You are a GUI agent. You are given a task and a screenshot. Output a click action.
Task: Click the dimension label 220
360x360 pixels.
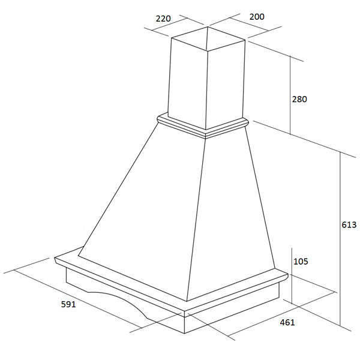tap(163, 19)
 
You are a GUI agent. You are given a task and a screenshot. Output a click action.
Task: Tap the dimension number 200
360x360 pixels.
tap(257, 17)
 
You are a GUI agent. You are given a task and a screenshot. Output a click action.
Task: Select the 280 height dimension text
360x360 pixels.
tap(299, 99)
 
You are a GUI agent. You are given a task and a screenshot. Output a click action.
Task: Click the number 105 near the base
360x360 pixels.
tap(301, 261)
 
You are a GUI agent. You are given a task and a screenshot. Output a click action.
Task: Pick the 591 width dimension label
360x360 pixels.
tap(68, 304)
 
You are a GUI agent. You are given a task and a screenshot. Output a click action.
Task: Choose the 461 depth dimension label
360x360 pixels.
tap(287, 322)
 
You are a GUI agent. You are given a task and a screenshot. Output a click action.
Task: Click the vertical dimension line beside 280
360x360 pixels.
tap(290, 95)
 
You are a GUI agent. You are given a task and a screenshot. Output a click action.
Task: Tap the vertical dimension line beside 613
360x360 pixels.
tap(340, 239)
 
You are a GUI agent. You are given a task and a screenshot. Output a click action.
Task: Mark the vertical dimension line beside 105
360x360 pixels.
tap(292, 275)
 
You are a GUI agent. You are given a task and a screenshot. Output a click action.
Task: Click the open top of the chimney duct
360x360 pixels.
tap(208, 38)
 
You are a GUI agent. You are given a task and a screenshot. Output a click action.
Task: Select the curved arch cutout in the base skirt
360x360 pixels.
tap(119, 301)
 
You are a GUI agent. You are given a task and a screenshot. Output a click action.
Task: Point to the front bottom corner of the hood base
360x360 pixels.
tap(185, 334)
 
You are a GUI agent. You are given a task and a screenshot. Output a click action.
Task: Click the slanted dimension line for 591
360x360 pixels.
tap(77, 299)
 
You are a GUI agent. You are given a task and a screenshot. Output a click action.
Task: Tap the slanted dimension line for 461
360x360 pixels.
tap(281, 314)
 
